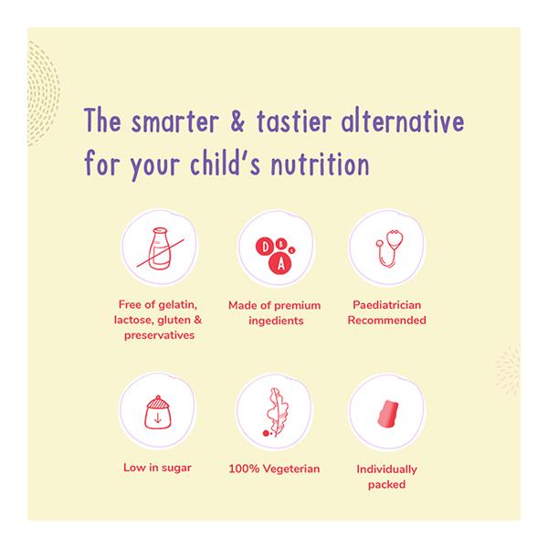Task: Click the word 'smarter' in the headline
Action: coord(175,121)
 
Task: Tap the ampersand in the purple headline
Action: coord(237,120)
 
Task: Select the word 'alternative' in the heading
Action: coord(403,120)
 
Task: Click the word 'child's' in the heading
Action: coord(225,163)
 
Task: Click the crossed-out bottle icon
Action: coord(160,248)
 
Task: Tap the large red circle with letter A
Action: coord(279,264)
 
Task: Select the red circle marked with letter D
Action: coord(265,247)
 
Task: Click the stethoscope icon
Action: coord(389,248)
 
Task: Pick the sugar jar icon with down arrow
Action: coord(157,413)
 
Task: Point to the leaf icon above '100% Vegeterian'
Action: coord(277,413)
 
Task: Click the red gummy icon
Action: coord(388,414)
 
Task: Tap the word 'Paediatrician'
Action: coord(387,305)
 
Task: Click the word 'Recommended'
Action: coord(387,321)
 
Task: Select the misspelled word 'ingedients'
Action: coord(276,321)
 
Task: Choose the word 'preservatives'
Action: coord(159,335)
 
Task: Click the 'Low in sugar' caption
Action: coord(157,468)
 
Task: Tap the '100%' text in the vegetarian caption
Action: coord(244,469)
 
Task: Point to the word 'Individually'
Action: coord(387,469)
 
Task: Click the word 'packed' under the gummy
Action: coord(387,485)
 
